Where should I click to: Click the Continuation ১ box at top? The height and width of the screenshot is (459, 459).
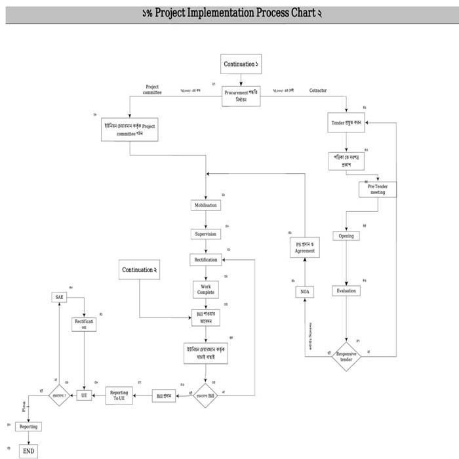pos(241,64)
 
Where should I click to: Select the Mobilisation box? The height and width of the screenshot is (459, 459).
pos(205,205)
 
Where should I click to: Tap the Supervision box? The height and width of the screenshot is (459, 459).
pos(205,233)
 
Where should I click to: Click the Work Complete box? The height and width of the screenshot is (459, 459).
pos(205,289)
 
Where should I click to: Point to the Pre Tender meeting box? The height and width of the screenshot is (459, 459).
pos(377,189)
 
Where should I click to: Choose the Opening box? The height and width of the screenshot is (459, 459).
pos(346,235)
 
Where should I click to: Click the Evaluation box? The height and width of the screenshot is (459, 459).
pos(346,290)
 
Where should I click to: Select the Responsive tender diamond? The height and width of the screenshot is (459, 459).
pos(346,357)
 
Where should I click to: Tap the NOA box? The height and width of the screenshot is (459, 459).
pos(305,292)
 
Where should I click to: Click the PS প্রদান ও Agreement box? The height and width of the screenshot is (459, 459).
pos(305,247)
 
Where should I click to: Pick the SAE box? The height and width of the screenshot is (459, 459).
pos(60,297)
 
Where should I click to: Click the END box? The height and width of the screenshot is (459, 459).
pos(29,451)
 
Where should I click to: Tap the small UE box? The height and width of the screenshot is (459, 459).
pos(84,395)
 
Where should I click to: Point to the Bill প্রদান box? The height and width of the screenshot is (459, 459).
pos(163,396)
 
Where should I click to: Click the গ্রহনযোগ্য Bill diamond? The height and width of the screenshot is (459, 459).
pos(205,395)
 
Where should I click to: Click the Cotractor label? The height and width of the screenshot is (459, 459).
pos(318,90)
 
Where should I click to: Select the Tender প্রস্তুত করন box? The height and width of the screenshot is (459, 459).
pos(346,123)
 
